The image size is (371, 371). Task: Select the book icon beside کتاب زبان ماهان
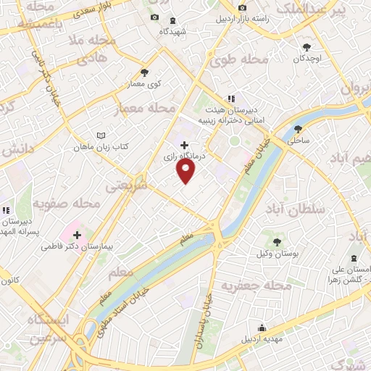tap(101, 135)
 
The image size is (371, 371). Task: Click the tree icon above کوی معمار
tap(144, 72)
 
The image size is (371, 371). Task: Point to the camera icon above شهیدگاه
tap(153, 17)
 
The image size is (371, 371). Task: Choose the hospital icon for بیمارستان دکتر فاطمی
tap(78, 235)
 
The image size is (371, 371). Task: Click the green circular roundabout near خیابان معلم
tap(235, 139)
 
